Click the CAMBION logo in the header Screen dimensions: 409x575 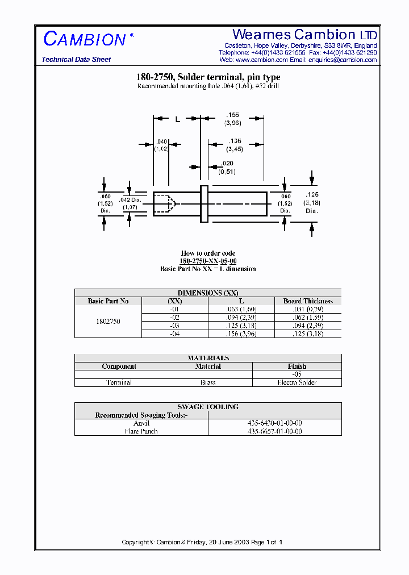[84, 39]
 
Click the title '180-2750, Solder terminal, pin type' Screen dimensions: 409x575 [208, 77]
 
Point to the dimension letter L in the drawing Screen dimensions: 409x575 [177, 119]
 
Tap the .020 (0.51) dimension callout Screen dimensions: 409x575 [227, 167]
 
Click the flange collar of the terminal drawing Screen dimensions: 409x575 [204, 203]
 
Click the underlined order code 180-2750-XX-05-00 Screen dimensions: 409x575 [208, 261]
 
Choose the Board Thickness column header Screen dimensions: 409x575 [308, 301]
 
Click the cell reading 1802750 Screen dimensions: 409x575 [108, 322]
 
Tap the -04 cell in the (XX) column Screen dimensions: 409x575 [175, 334]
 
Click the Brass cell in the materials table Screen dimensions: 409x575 [208, 382]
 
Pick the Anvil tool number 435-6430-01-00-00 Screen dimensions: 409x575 [275, 423]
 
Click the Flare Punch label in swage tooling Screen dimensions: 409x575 [141, 431]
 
